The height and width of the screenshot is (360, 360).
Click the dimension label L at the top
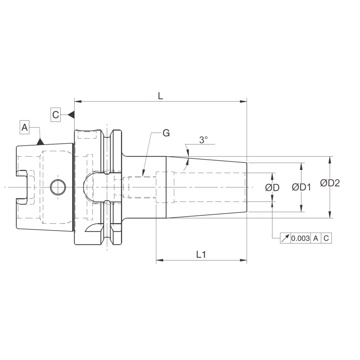click(160, 96)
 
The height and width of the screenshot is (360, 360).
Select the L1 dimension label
click(201, 255)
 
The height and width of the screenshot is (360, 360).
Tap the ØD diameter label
click(273, 188)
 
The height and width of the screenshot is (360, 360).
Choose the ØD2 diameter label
click(330, 183)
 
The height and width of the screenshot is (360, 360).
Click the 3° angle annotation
click(203, 140)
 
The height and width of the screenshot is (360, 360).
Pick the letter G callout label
click(166, 133)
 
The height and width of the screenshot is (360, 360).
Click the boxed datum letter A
click(24, 127)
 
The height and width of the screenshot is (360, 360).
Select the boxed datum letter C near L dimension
click(55, 114)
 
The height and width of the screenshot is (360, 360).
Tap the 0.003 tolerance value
click(300, 238)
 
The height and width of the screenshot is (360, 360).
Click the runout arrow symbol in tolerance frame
click(285, 238)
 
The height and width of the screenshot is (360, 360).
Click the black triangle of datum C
click(71, 114)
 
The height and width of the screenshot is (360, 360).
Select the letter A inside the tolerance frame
click(315, 238)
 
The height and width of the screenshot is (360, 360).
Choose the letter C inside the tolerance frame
click(326, 238)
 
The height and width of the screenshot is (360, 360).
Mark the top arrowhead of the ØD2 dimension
click(329, 159)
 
